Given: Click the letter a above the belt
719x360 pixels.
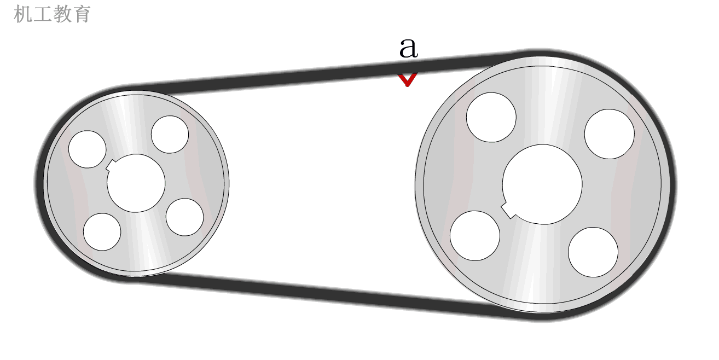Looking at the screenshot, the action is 408,48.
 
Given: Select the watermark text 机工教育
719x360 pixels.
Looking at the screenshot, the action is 52,14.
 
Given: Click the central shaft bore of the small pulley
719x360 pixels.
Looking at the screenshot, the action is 136,183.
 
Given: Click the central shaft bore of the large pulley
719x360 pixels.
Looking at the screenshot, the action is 542,184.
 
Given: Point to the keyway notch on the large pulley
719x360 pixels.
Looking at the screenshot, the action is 508,210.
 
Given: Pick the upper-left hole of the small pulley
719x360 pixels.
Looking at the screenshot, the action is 87,149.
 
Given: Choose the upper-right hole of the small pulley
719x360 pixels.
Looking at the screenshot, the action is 170,135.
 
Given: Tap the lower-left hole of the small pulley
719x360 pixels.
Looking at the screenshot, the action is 102,231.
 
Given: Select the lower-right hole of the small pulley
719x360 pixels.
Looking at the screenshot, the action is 184,217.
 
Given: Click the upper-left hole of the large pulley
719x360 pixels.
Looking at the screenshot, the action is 491,117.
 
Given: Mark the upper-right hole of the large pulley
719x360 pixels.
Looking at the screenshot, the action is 609,134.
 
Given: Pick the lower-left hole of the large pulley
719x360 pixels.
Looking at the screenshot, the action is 474,236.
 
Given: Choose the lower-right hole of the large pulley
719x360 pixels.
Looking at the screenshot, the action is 593,252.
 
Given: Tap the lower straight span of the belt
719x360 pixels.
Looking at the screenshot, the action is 328,293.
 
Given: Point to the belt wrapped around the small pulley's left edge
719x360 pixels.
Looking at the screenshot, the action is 39,183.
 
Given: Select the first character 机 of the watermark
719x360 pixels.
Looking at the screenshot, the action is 22,14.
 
